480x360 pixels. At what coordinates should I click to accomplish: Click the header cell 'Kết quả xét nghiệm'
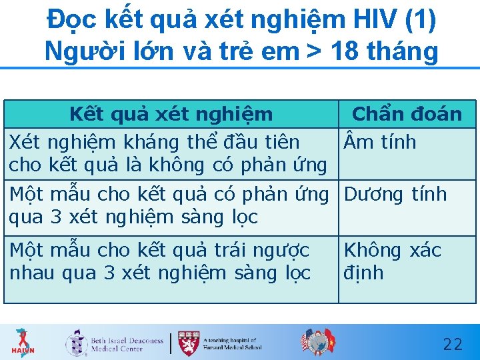point(171,114)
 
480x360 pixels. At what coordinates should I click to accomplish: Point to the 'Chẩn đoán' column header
point(407,114)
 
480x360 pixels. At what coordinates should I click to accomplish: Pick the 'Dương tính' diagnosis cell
point(395,195)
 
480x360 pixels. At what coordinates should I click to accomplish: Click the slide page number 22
point(453,344)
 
